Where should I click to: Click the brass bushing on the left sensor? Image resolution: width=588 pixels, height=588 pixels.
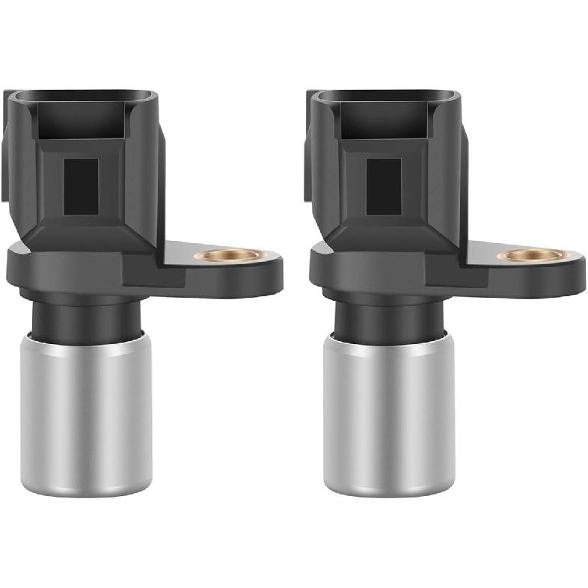[227, 255]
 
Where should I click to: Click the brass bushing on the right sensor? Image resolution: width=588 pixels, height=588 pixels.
[530, 255]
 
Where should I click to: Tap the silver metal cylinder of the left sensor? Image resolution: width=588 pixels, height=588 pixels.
[86, 411]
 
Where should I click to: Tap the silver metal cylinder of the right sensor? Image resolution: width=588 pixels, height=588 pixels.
[389, 411]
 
